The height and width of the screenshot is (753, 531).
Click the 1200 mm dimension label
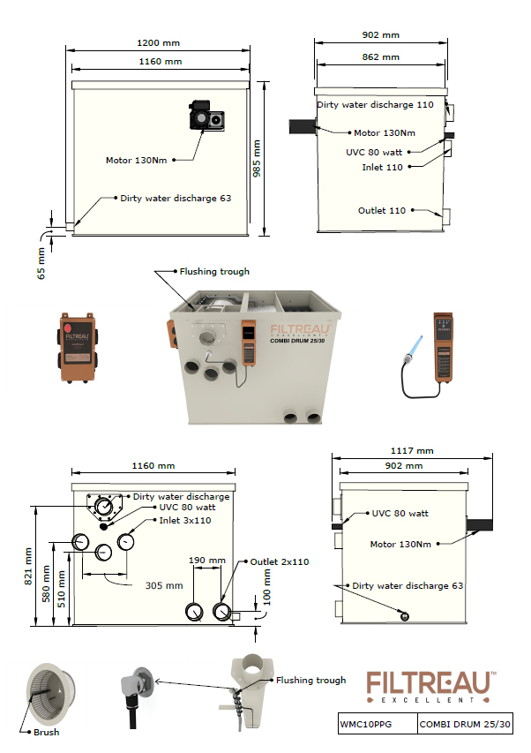click(161, 42)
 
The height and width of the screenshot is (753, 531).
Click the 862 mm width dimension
click(381, 56)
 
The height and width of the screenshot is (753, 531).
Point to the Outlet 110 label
click(382, 211)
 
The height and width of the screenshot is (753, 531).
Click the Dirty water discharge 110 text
click(376, 105)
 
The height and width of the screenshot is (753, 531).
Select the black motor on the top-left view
click(206, 116)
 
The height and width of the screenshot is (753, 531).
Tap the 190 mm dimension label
click(207, 560)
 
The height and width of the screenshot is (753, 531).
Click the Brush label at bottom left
click(49, 732)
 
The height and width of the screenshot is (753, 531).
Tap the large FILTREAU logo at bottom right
click(431, 686)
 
